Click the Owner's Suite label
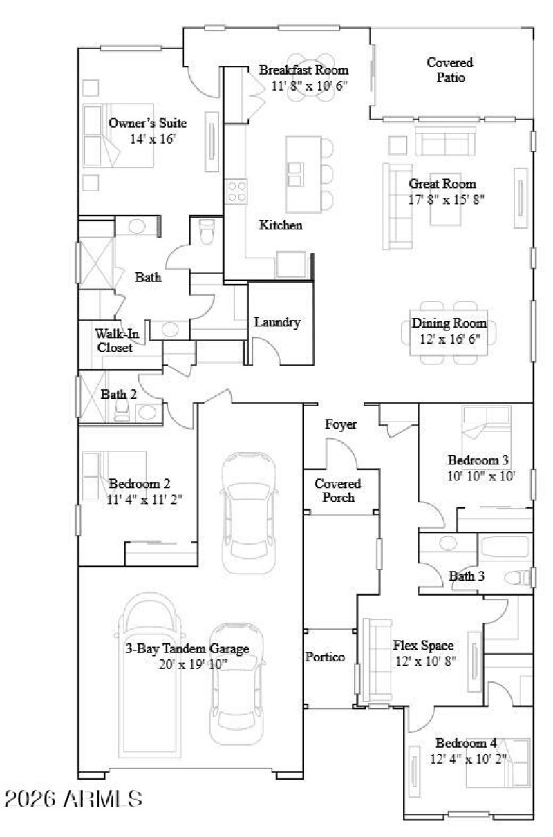[147, 123]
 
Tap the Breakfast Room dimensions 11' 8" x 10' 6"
[309, 86]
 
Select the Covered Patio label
[450, 70]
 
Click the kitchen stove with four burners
[236, 191]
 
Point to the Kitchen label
[281, 225]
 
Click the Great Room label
[442, 184]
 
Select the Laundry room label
[276, 322]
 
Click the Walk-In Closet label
[115, 341]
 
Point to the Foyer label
[341, 424]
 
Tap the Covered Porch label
[338, 490]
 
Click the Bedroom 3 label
[479, 460]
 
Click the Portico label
[325, 657]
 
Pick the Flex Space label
[423, 646]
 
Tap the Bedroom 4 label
[466, 744]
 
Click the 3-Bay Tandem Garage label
[187, 648]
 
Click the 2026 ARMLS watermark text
[73, 799]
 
